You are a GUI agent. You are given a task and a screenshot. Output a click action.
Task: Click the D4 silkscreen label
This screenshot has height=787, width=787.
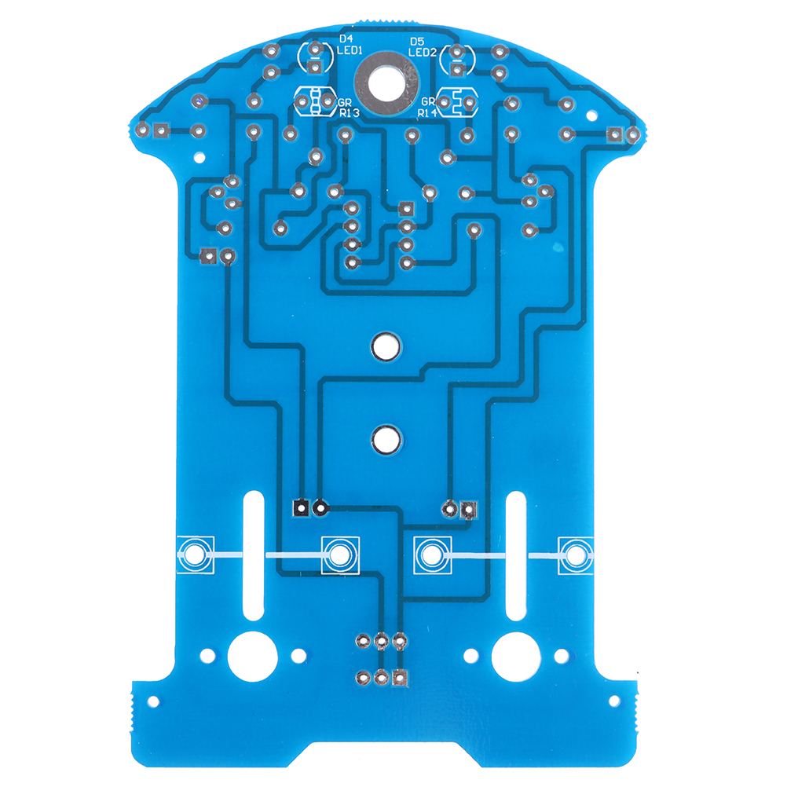click(x=346, y=38)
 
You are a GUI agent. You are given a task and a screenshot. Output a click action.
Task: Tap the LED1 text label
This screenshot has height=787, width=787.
click(x=350, y=50)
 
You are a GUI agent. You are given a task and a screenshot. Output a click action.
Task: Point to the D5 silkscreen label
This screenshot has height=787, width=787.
click(x=417, y=42)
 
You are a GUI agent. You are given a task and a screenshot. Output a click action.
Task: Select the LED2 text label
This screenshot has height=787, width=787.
click(x=422, y=52)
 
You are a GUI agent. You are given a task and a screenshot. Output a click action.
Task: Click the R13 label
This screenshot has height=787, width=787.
click(x=350, y=113)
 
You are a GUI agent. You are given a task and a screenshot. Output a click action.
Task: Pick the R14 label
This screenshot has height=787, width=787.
click(x=427, y=113)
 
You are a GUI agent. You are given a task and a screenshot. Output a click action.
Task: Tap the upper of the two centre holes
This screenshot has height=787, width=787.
click(x=386, y=346)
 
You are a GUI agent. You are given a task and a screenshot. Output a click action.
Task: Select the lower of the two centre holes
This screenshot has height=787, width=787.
click(x=386, y=439)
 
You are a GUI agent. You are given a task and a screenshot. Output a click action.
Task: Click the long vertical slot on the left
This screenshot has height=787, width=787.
click(x=254, y=555)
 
